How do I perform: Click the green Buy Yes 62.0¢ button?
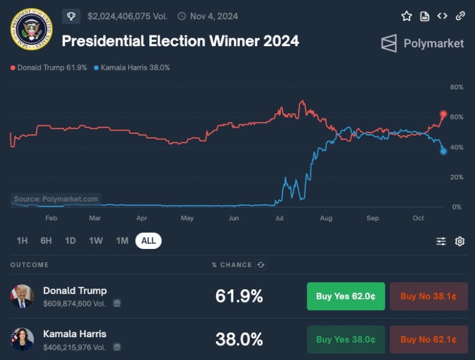[345, 296]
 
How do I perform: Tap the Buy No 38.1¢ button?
[428, 296]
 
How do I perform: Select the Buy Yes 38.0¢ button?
[345, 340]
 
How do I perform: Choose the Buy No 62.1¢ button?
[428, 340]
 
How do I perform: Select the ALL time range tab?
[148, 241]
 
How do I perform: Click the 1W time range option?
[96, 241]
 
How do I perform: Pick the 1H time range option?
[22, 241]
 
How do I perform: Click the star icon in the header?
[407, 16]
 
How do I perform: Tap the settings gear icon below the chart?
[459, 241]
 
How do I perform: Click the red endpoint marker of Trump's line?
[444, 114]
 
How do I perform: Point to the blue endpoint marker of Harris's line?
[443, 151]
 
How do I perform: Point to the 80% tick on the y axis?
[456, 88]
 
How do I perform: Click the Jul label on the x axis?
[280, 218]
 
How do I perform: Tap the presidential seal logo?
[32, 29]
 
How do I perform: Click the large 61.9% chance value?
[239, 296]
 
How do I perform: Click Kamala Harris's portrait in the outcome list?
[22, 340]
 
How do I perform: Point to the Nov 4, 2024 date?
[214, 16]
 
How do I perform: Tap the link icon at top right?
[460, 16]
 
